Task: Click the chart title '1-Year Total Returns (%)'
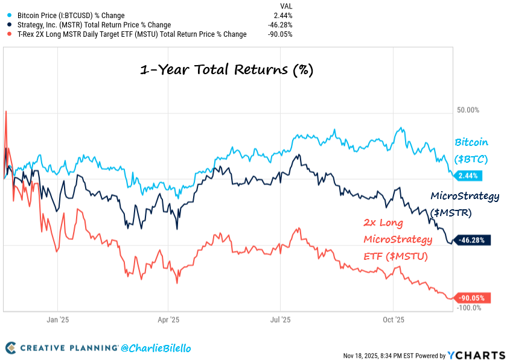[226, 69]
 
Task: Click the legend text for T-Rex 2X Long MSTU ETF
[132, 34]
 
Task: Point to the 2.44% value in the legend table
[284, 14]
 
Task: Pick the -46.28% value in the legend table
[280, 25]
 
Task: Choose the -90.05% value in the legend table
[280, 34]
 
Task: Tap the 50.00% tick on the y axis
[468, 111]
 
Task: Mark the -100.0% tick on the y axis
[468, 308]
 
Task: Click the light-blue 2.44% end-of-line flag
[467, 176]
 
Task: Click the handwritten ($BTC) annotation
[471, 159]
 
